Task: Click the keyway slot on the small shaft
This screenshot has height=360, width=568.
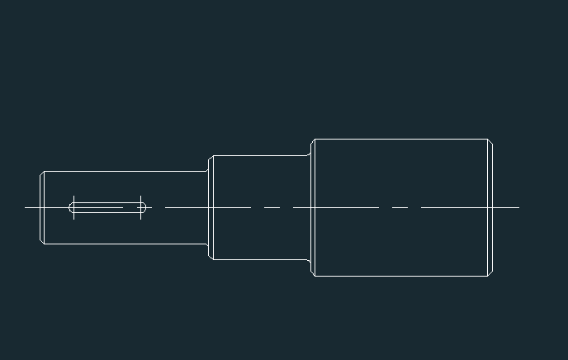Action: click(107, 207)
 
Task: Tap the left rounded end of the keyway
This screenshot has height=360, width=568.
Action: click(71, 207)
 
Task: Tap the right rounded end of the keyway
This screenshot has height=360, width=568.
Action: click(144, 207)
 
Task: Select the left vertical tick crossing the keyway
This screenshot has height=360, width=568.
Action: click(74, 207)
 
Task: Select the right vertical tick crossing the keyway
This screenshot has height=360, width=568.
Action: click(141, 207)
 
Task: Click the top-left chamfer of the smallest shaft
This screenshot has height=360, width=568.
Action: click(43, 173)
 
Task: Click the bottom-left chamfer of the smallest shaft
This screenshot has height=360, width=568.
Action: click(43, 242)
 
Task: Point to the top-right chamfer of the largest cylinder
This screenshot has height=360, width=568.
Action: click(490, 141)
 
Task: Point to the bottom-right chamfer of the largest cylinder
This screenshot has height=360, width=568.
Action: click(490, 273)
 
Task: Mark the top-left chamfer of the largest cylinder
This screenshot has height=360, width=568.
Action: click(313, 141)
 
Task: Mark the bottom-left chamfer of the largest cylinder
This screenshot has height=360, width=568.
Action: click(313, 273)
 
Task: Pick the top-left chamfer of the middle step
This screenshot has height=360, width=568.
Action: click(211, 158)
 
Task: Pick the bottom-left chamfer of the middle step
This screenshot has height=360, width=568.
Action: click(211, 257)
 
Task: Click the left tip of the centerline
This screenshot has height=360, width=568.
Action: click(26, 207)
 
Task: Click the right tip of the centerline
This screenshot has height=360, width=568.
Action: click(518, 207)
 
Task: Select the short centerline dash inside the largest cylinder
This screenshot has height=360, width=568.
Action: click(400, 207)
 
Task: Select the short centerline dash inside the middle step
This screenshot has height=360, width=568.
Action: click(272, 207)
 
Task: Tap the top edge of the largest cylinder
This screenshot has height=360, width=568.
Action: click(401, 139)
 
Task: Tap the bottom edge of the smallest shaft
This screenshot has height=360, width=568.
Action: click(124, 244)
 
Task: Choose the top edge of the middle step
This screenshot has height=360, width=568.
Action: click(260, 155)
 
